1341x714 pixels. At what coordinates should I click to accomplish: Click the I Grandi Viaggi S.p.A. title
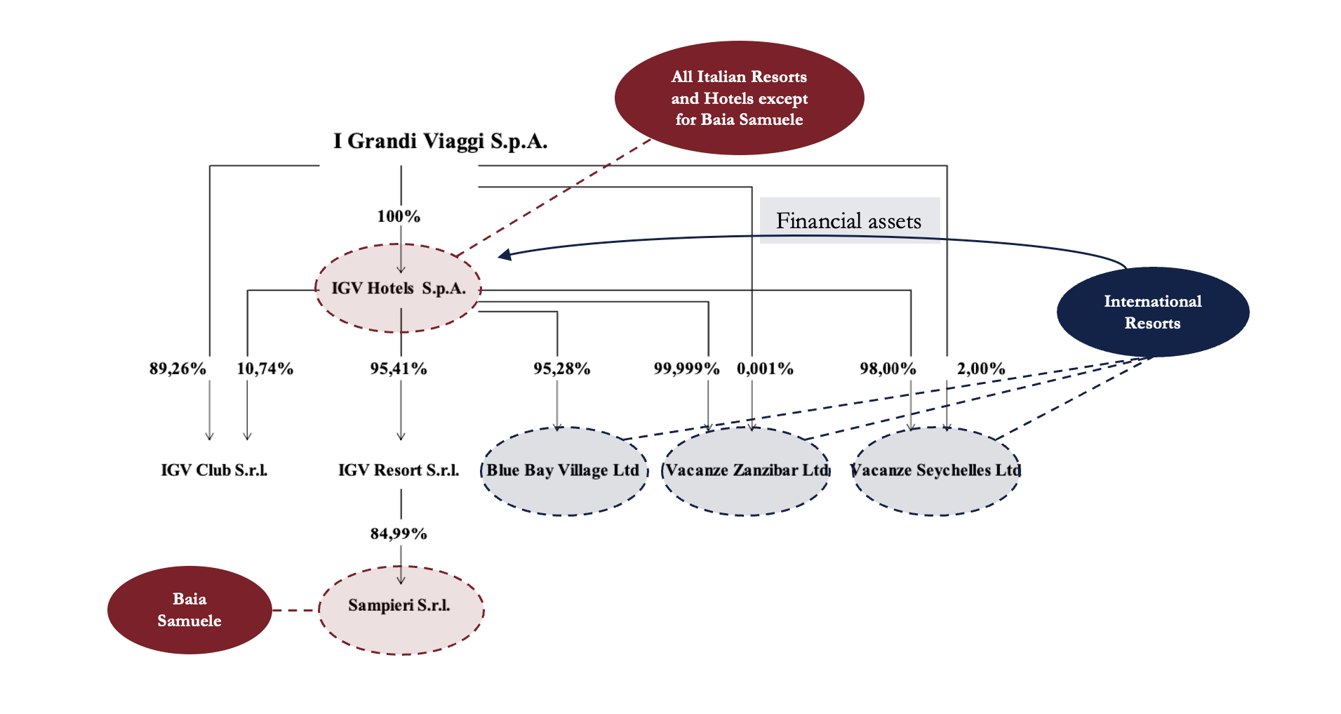click(x=440, y=141)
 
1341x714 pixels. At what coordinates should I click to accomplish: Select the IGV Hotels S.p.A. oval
click(x=399, y=288)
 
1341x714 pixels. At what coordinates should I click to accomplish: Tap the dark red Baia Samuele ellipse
click(x=189, y=609)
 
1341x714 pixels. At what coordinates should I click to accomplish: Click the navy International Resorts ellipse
click(x=1152, y=312)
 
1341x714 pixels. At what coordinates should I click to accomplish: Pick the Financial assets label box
click(x=849, y=220)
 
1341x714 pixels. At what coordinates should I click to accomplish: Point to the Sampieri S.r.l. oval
click(x=401, y=610)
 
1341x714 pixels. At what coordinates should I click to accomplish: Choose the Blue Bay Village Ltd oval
click(x=563, y=471)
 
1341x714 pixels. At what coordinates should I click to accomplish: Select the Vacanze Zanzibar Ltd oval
click(x=747, y=471)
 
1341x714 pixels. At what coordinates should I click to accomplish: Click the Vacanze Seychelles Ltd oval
click(x=935, y=471)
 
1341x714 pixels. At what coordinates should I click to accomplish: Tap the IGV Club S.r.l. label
click(x=214, y=470)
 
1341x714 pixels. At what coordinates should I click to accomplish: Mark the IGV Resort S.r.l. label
click(x=399, y=470)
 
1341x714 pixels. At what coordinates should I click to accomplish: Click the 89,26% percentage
click(x=178, y=369)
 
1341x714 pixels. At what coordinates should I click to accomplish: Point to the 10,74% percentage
click(x=265, y=369)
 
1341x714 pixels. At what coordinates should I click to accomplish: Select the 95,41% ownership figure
click(x=399, y=369)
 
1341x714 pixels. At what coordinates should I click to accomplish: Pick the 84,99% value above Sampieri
click(x=399, y=534)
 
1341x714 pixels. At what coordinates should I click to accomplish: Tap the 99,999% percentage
click(x=686, y=369)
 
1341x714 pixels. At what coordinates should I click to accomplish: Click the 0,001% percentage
click(x=765, y=369)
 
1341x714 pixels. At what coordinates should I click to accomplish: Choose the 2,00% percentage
click(x=981, y=369)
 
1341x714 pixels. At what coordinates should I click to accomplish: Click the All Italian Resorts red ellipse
click(x=739, y=98)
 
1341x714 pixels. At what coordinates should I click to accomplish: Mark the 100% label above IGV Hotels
click(x=399, y=216)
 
